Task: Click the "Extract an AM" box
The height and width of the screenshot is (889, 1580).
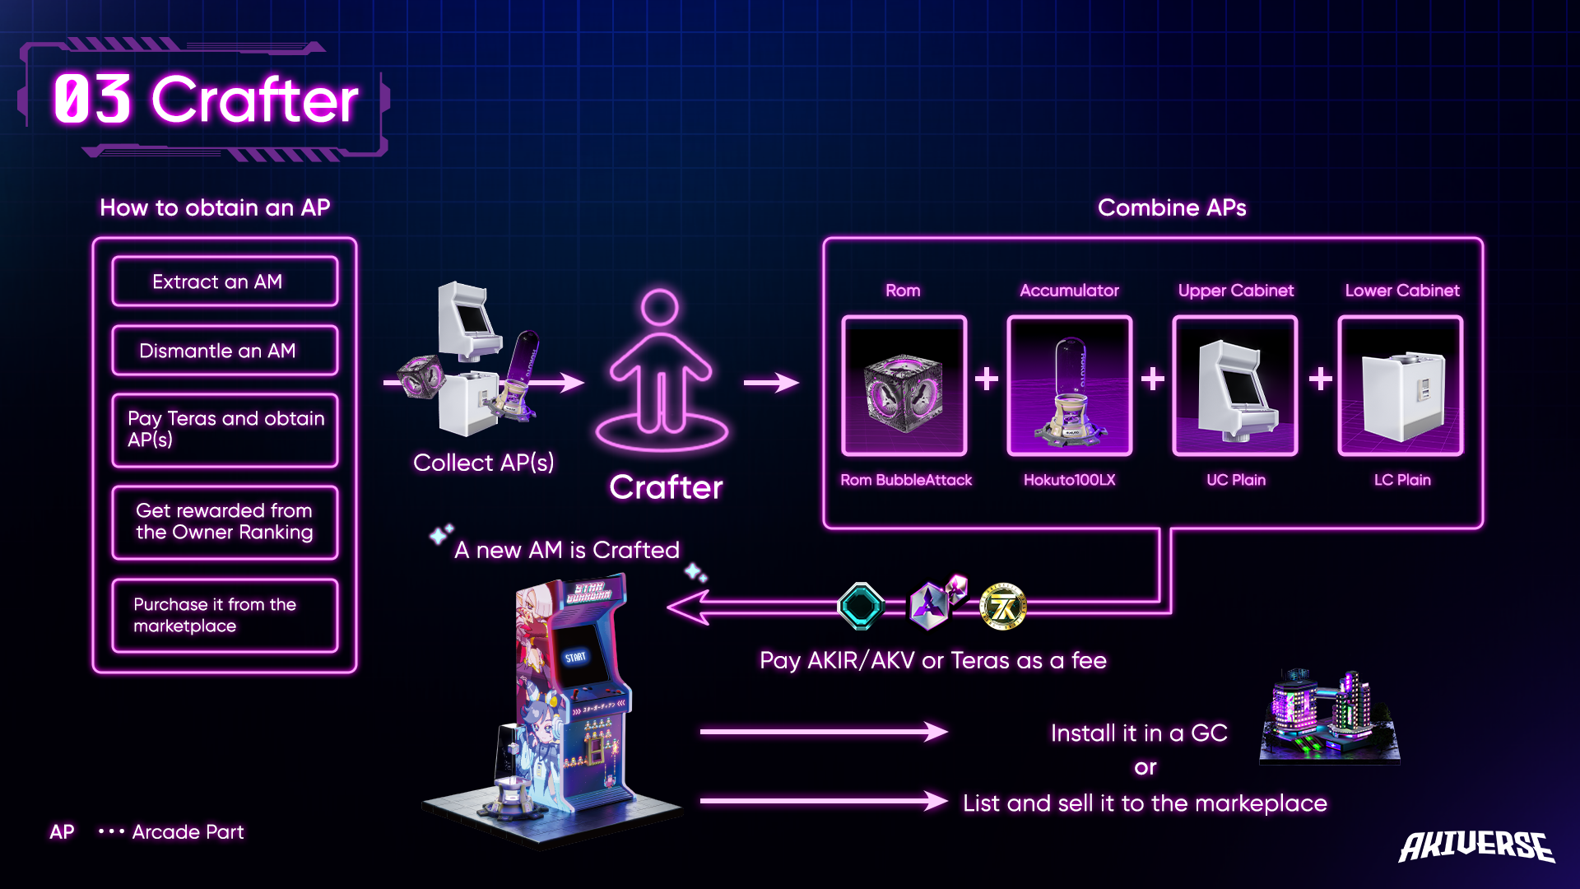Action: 225,282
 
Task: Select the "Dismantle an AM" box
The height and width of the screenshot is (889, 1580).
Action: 225,351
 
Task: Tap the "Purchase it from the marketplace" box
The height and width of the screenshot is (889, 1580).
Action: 225,615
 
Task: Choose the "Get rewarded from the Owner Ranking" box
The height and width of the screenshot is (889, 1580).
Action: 225,522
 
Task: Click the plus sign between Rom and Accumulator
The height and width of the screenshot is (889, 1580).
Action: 987,379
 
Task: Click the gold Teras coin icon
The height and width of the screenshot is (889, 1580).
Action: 1003,607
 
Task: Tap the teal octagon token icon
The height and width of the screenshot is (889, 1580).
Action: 861,606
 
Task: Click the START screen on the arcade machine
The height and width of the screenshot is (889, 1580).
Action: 575,657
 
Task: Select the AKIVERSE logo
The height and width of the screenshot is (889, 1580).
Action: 1476,846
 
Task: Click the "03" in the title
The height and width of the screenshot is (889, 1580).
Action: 92,100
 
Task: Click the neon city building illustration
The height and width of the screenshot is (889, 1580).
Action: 1328,716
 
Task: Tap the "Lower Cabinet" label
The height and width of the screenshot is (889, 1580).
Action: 1401,291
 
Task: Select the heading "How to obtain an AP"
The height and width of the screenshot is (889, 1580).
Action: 215,207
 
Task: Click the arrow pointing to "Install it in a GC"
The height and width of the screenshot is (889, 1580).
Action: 823,731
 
